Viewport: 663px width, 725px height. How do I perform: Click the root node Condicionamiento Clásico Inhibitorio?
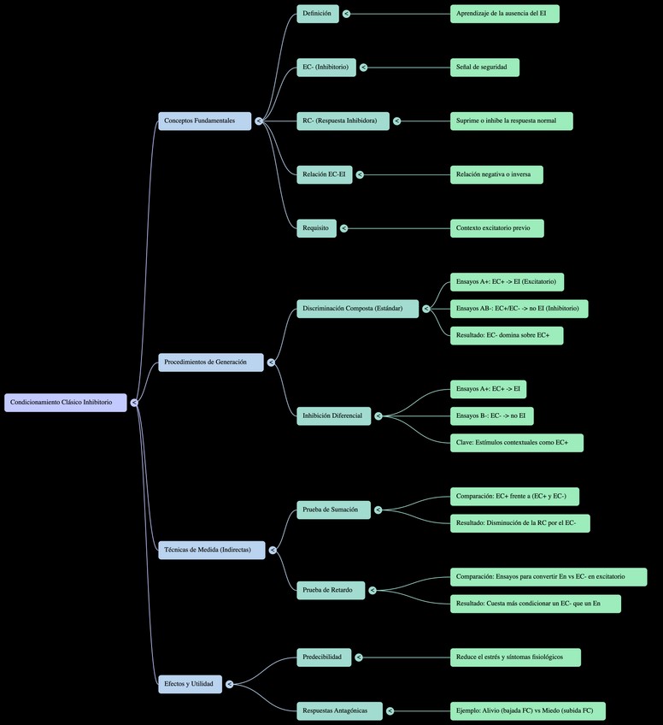click(x=65, y=403)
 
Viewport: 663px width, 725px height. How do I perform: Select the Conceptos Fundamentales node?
click(x=204, y=121)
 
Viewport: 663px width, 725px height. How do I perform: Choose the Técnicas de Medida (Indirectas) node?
click(x=211, y=551)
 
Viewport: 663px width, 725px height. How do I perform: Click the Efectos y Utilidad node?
click(x=190, y=684)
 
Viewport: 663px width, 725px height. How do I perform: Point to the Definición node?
click(x=317, y=14)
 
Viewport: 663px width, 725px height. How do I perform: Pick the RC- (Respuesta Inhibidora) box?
click(x=343, y=121)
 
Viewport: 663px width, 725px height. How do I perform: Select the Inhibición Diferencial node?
click(x=333, y=416)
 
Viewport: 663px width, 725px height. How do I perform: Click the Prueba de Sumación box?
click(x=333, y=510)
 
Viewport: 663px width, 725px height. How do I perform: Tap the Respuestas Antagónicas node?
click(x=339, y=710)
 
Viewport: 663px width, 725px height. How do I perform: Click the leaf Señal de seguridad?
click(x=484, y=68)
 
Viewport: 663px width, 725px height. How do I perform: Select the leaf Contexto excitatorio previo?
click(x=496, y=228)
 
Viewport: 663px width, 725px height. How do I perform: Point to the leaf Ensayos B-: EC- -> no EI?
click(x=491, y=416)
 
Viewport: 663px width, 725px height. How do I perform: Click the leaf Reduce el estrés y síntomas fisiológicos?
click(x=515, y=657)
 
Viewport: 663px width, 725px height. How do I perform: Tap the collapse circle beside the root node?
click(x=135, y=403)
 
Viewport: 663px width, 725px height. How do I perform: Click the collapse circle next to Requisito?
click(x=345, y=228)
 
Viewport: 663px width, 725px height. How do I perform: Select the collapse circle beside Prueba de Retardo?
click(x=373, y=590)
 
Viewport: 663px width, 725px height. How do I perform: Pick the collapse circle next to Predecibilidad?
click(x=358, y=657)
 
